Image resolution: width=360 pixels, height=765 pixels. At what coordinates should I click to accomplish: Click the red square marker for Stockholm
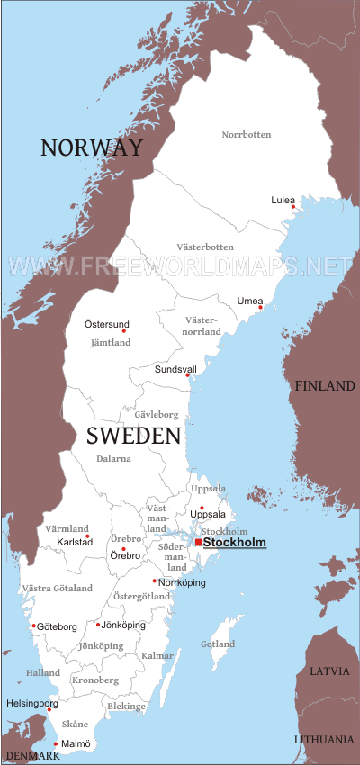pyautogui.click(x=198, y=542)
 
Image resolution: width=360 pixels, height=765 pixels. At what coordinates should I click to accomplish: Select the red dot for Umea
pyautogui.click(x=260, y=308)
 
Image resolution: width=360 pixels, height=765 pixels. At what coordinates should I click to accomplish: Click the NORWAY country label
pyautogui.click(x=92, y=148)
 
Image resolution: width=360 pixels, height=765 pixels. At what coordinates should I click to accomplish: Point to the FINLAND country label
pyautogui.click(x=324, y=386)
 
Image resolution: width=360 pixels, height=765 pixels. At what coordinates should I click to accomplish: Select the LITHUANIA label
pyautogui.click(x=324, y=739)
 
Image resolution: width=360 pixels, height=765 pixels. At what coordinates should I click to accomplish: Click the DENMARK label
pyautogui.click(x=31, y=756)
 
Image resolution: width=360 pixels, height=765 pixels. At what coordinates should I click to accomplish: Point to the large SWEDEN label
pyautogui.click(x=134, y=436)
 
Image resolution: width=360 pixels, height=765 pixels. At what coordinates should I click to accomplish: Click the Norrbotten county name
pyautogui.click(x=247, y=135)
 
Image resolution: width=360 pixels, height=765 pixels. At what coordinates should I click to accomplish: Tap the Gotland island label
pyautogui.click(x=217, y=644)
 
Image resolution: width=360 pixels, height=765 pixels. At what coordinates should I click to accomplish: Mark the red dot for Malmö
pyautogui.click(x=56, y=743)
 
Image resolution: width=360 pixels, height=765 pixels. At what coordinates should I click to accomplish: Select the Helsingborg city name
pyautogui.click(x=32, y=703)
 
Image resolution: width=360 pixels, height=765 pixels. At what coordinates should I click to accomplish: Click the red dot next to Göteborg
pyautogui.click(x=34, y=625)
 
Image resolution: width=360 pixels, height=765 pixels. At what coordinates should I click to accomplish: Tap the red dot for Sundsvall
pyautogui.click(x=188, y=375)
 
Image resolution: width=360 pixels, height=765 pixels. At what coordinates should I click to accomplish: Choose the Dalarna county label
pyautogui.click(x=114, y=458)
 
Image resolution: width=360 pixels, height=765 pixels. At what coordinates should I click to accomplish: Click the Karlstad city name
pyautogui.click(x=75, y=543)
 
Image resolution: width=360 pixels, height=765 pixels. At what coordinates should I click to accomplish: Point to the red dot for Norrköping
pyautogui.click(x=154, y=580)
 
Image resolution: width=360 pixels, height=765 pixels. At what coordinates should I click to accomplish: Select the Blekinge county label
pyautogui.click(x=125, y=706)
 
